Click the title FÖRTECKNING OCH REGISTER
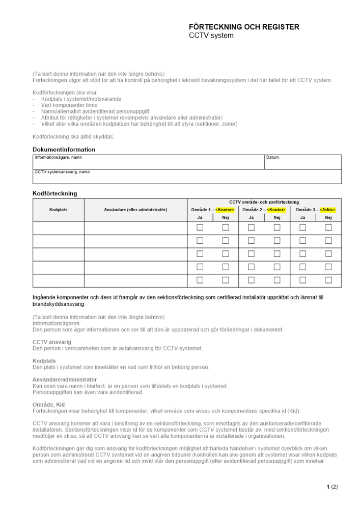pyautogui.click(x=244, y=27)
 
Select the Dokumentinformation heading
pyautogui.click(x=64, y=150)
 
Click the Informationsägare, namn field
pyautogui.click(x=148, y=162)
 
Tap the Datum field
pyautogui.click(x=302, y=162)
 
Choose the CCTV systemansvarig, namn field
pyautogui.click(x=186, y=177)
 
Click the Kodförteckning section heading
pyautogui.click(x=55, y=193)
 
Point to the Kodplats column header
pyautogui.click(x=59, y=210)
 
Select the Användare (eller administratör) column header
pyautogui.click(x=135, y=210)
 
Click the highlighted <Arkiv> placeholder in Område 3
pyautogui.click(x=328, y=210)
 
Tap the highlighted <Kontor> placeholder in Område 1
pyautogui.click(x=225, y=210)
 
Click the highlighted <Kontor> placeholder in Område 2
pyautogui.click(x=276, y=210)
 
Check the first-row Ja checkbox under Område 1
pyautogui.click(x=200, y=228)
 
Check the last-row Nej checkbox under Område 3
pyautogui.click(x=328, y=280)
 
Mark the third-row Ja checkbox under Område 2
pyautogui.click(x=251, y=254)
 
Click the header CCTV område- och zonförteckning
pyautogui.click(x=264, y=202)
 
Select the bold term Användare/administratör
pyautogui.click(x=65, y=379)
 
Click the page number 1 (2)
pyautogui.click(x=331, y=487)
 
